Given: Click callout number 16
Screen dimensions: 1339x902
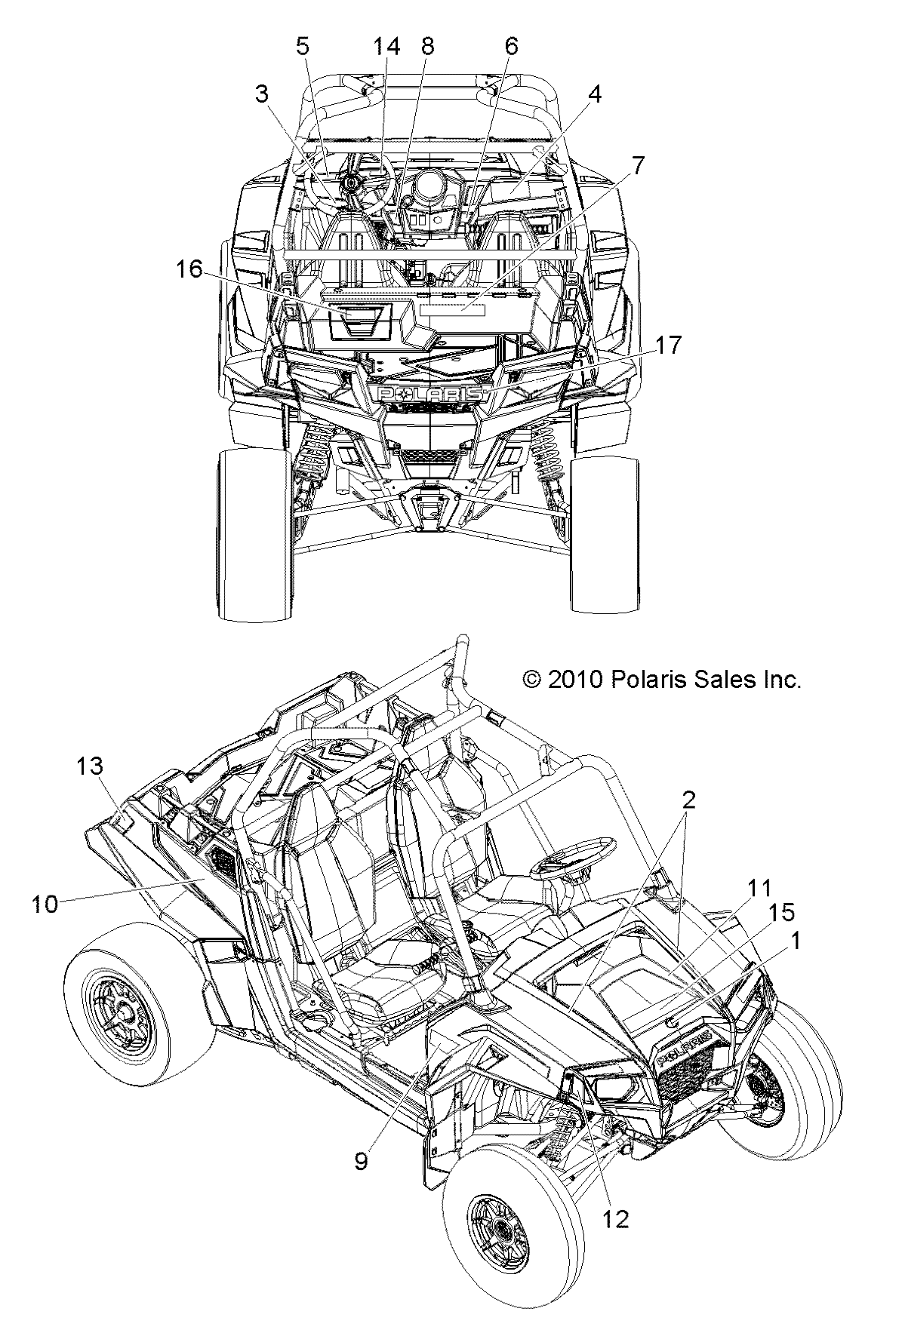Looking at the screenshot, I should (190, 269).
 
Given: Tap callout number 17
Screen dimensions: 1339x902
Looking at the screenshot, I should (668, 346).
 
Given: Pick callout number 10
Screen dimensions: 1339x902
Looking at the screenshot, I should (45, 904).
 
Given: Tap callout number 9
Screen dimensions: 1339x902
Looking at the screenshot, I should (361, 1162).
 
